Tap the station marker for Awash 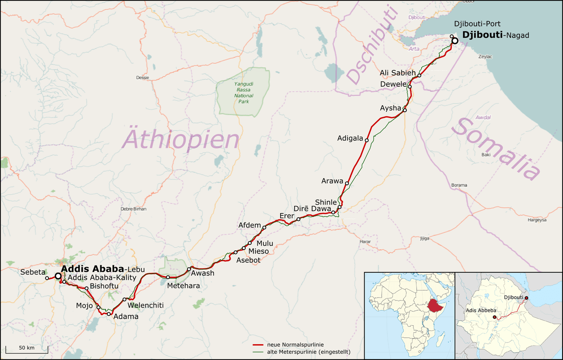click(x=189, y=269)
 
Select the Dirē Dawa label click(x=314, y=209)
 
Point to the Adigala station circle click(x=366, y=140)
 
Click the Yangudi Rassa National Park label click(x=244, y=92)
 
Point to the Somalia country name click(x=496, y=149)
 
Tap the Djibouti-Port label click(x=477, y=24)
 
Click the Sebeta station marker click(x=47, y=278)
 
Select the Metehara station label click(x=183, y=286)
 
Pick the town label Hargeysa click(x=537, y=220)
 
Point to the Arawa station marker click(x=347, y=183)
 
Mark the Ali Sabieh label click(x=398, y=73)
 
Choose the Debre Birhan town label click(x=133, y=209)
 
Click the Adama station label click(x=126, y=316)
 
